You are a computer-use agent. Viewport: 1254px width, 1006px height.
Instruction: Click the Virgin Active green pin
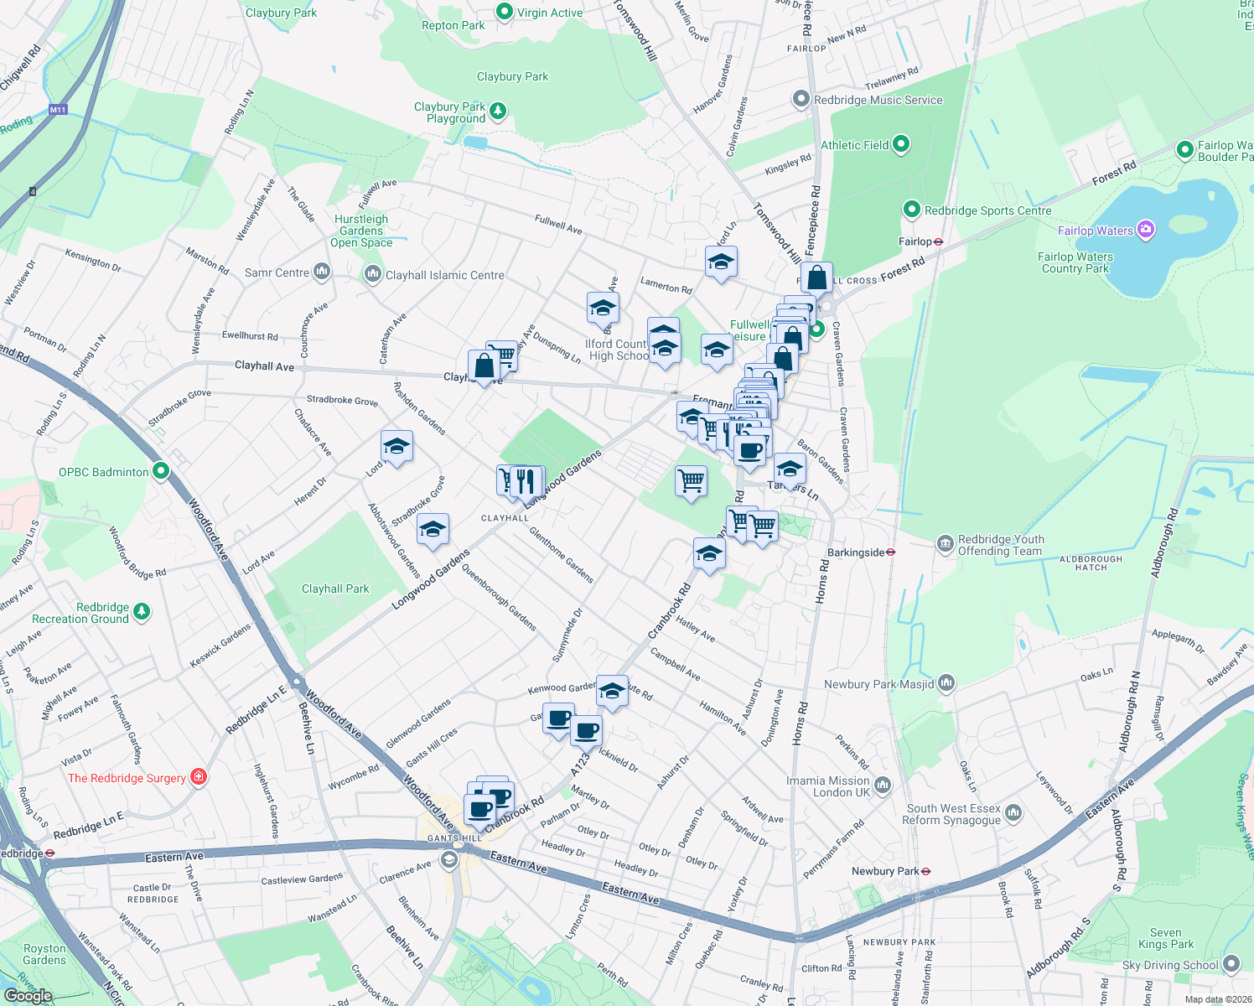pyautogui.click(x=505, y=12)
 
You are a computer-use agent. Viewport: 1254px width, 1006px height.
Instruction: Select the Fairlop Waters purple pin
pyautogui.click(x=1146, y=230)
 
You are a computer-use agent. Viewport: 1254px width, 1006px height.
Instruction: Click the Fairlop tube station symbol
pyautogui.click(x=939, y=241)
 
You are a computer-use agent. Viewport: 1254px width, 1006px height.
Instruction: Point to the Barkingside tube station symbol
pyautogui.click(x=891, y=552)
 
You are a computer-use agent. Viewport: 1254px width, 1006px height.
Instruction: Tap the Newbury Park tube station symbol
pyautogui.click(x=925, y=871)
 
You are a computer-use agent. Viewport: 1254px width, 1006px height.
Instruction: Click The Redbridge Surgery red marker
pyautogui.click(x=199, y=777)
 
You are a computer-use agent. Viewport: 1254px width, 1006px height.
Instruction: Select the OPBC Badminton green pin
pyautogui.click(x=161, y=471)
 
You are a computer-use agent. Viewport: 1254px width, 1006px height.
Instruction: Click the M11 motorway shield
pyautogui.click(x=58, y=110)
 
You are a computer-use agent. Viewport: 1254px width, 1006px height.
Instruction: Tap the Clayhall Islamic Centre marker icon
pyautogui.click(x=373, y=274)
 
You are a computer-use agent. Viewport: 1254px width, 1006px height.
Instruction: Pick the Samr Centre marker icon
pyautogui.click(x=322, y=272)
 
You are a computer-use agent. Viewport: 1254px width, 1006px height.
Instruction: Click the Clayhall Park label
pyautogui.click(x=335, y=589)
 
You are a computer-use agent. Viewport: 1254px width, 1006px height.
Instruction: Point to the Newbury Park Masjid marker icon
pyautogui.click(x=946, y=683)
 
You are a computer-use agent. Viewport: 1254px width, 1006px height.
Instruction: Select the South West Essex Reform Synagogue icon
pyautogui.click(x=1013, y=812)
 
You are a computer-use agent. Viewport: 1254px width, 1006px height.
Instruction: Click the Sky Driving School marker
pyautogui.click(x=1231, y=964)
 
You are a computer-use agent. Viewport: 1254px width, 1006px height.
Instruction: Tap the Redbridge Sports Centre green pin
pyautogui.click(x=912, y=210)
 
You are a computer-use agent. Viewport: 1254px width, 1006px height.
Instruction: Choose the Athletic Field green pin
pyautogui.click(x=901, y=144)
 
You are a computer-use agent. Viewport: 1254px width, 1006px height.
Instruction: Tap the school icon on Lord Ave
pyautogui.click(x=396, y=447)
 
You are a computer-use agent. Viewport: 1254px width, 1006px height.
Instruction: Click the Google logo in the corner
pyautogui.click(x=28, y=996)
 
